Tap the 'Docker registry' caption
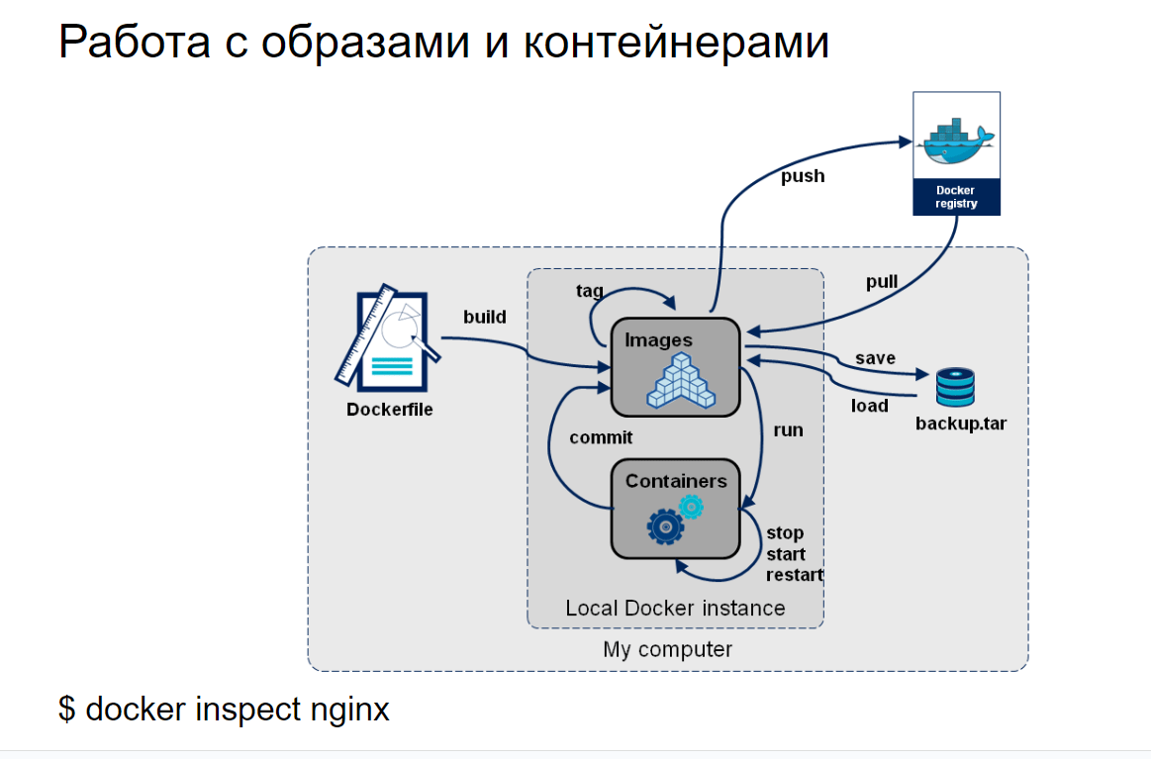tap(956, 197)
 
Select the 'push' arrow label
tap(803, 177)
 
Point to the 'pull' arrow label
tap(882, 282)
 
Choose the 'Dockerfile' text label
tap(390, 410)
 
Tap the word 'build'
tap(485, 318)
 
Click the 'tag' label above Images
tap(590, 291)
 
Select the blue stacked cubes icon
tap(681, 381)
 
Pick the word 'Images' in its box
tap(659, 340)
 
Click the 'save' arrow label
tap(875, 358)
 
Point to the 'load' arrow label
tap(870, 406)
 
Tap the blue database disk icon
tap(955, 386)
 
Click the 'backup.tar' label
tap(960, 425)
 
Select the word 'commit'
tap(601, 437)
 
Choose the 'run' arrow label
tap(788, 430)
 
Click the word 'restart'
tap(795, 575)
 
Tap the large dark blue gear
tap(665, 526)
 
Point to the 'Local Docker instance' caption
tap(675, 608)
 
